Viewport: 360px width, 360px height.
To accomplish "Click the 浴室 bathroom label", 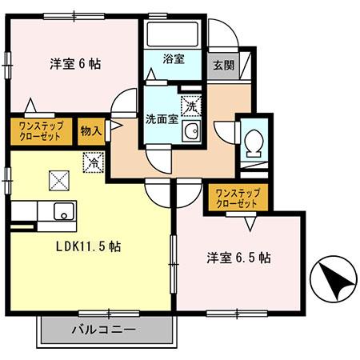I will tap(173, 59).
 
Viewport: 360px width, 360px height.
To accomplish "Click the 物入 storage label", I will tap(90, 130).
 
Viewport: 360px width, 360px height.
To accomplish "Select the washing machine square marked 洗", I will tap(190, 104).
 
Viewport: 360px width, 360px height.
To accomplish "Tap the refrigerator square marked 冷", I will tap(94, 161).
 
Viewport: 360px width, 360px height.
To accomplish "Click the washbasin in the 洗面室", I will tap(190, 132).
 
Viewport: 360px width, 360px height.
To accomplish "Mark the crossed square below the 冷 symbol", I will tap(60, 181).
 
